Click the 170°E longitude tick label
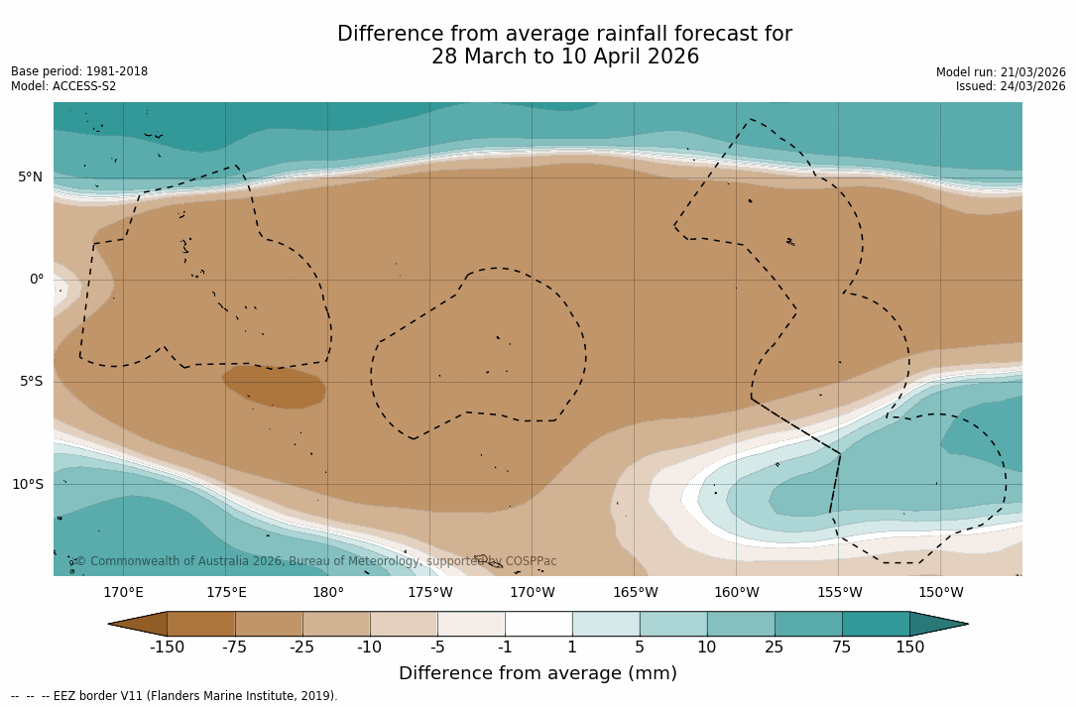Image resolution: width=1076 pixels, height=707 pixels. click(124, 593)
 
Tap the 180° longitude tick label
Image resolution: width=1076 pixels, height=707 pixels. click(328, 593)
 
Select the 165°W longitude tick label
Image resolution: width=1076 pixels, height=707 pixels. click(635, 593)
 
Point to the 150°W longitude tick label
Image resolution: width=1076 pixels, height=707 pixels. click(941, 593)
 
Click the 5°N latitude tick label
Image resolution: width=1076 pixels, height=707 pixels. click(31, 177)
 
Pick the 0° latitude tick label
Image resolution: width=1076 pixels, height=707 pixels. click(37, 280)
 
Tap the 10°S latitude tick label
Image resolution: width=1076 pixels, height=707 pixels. click(28, 485)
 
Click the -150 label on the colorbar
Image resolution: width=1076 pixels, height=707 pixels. click(168, 648)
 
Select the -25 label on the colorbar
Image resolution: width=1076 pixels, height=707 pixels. click(302, 648)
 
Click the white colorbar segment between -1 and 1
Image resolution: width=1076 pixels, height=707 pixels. click(538, 624)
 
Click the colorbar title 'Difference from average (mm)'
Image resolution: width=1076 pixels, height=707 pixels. click(538, 674)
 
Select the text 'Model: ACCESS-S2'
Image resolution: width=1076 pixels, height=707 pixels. click(63, 86)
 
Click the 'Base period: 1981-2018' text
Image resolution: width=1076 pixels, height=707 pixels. click(79, 71)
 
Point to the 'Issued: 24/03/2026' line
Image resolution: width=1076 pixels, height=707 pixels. click(1011, 86)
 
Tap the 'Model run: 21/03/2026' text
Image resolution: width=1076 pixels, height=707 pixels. click(1001, 72)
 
